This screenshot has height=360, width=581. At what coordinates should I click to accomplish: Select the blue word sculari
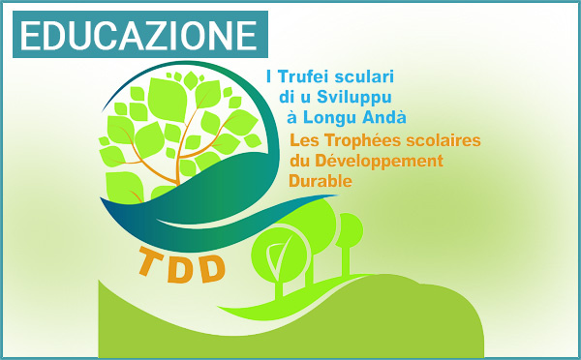coord(367,75)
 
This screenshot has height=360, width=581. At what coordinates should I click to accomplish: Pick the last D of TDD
coord(214,264)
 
